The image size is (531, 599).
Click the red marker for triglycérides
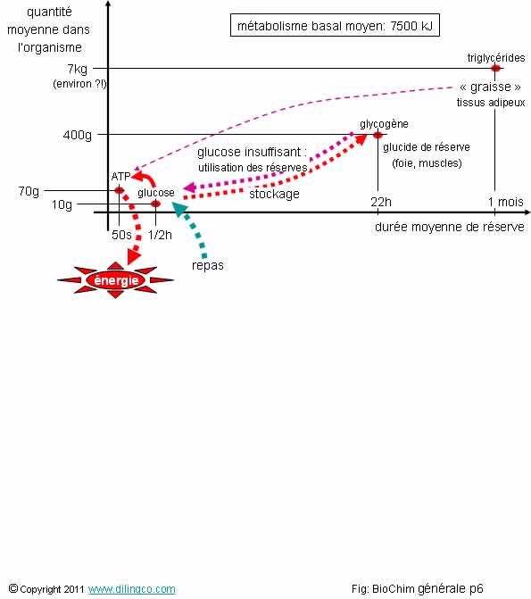point(495,69)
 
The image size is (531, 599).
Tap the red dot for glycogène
point(378,135)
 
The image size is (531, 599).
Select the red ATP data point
point(120,190)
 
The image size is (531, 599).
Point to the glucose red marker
point(155,204)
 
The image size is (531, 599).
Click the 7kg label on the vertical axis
point(77,69)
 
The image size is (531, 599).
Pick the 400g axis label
point(77,135)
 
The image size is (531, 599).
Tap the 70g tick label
point(29,191)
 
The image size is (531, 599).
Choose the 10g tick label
point(62,204)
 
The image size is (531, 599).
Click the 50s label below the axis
point(121,235)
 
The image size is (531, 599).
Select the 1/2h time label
point(160,235)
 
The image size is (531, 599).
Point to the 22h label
point(381,202)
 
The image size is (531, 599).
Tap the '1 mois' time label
point(505,202)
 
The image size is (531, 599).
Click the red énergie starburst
point(116,280)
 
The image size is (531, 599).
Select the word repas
point(207,265)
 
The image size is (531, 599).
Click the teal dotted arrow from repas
point(193,227)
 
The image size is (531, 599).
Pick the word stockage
point(274,194)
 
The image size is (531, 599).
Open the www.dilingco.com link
point(132,588)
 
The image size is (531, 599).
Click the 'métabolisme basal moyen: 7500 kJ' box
point(335,25)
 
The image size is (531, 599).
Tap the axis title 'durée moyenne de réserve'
point(449,227)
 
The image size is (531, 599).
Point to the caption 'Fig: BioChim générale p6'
point(418,588)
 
